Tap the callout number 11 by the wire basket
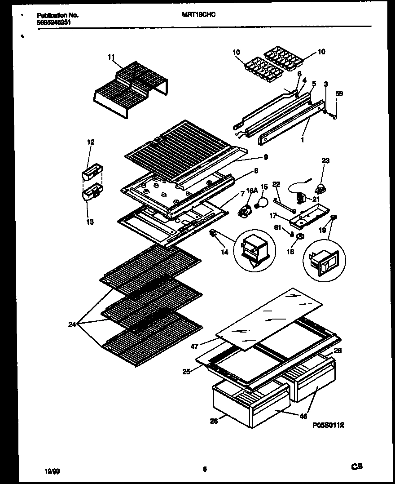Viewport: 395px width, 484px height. point(111,57)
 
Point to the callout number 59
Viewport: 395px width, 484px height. point(339,93)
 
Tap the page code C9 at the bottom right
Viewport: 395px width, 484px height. point(357,467)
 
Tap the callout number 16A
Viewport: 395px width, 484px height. point(251,191)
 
